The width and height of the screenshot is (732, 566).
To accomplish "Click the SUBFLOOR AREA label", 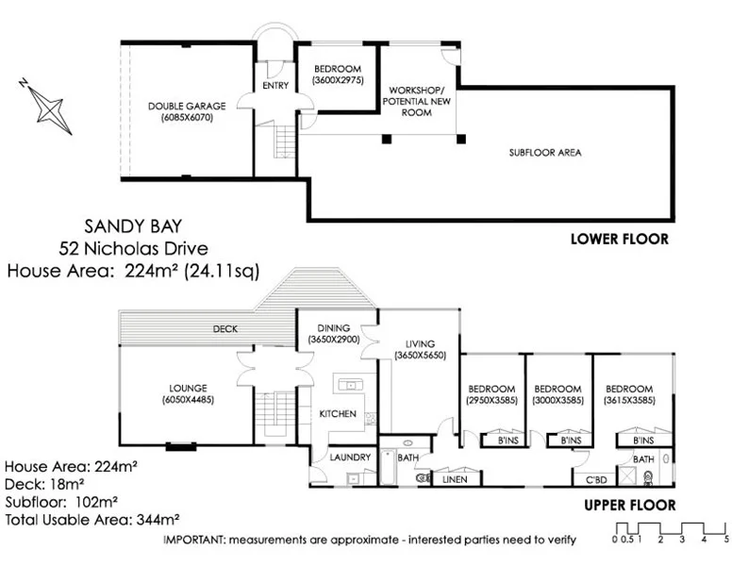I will tap(544, 152).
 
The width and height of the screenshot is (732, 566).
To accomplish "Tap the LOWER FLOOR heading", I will tap(620, 239).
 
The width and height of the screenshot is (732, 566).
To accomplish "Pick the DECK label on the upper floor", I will tap(225, 328).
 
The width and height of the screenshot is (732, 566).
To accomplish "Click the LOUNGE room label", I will tap(188, 387).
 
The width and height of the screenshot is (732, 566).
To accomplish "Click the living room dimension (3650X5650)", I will tap(426, 355).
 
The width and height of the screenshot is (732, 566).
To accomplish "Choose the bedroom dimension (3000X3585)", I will tap(557, 400).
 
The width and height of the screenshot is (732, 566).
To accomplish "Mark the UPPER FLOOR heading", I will tap(630, 505).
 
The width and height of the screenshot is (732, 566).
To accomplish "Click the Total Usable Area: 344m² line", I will tap(92, 519).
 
